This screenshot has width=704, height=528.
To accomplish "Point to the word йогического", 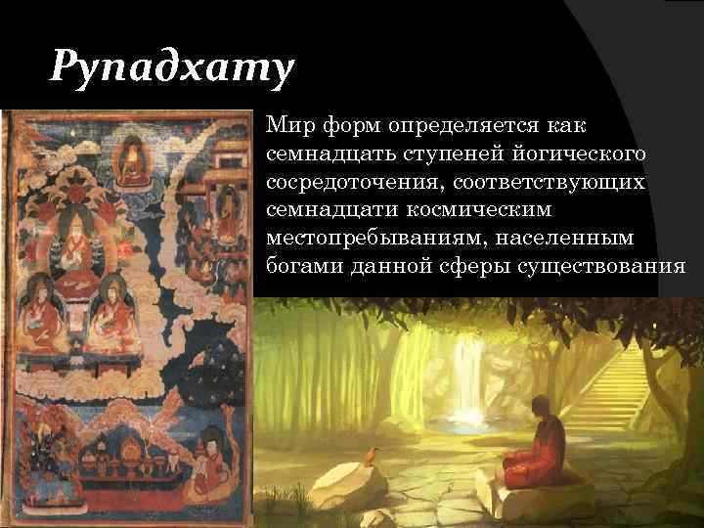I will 573,154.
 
